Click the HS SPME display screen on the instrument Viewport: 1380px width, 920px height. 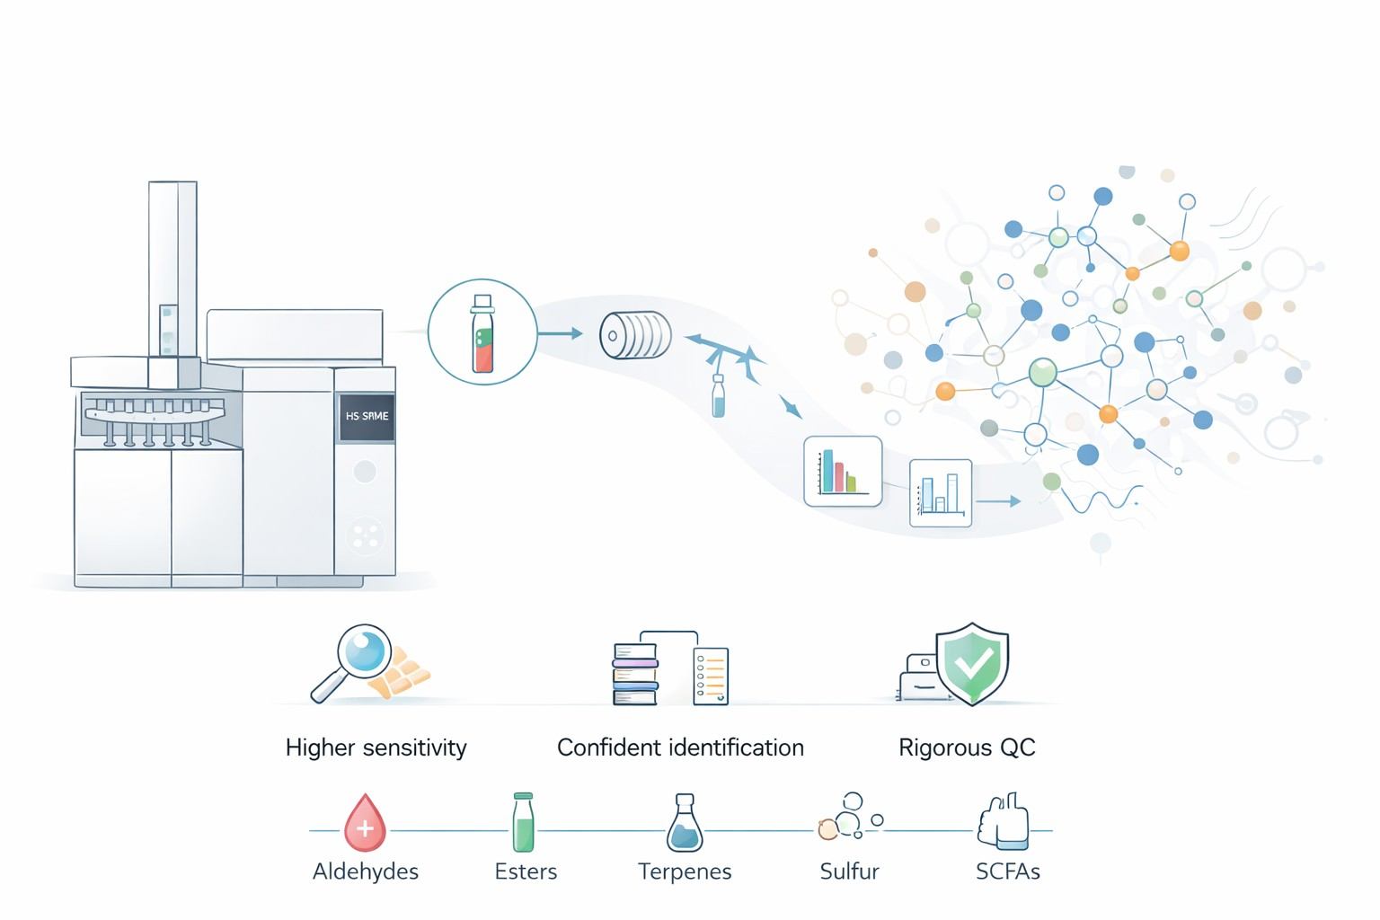tap(367, 417)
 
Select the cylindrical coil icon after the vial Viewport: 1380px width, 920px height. tap(635, 335)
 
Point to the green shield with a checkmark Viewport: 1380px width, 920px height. tap(972, 663)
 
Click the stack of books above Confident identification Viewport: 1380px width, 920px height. tap(635, 674)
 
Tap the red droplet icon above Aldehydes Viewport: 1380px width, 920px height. tap(365, 823)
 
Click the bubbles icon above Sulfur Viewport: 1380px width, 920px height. tap(848, 818)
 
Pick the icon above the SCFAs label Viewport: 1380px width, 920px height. tap(1004, 821)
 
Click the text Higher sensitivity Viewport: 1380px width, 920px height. tap(376, 747)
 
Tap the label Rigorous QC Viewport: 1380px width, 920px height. tap(967, 747)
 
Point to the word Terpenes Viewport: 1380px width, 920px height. tap(685, 871)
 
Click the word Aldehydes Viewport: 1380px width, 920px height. tap(365, 871)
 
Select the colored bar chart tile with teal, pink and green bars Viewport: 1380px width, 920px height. tap(842, 472)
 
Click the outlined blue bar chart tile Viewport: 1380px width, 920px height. tap(941, 493)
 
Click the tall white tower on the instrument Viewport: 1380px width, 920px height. tap(172, 270)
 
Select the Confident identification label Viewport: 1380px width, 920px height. tap(680, 747)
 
